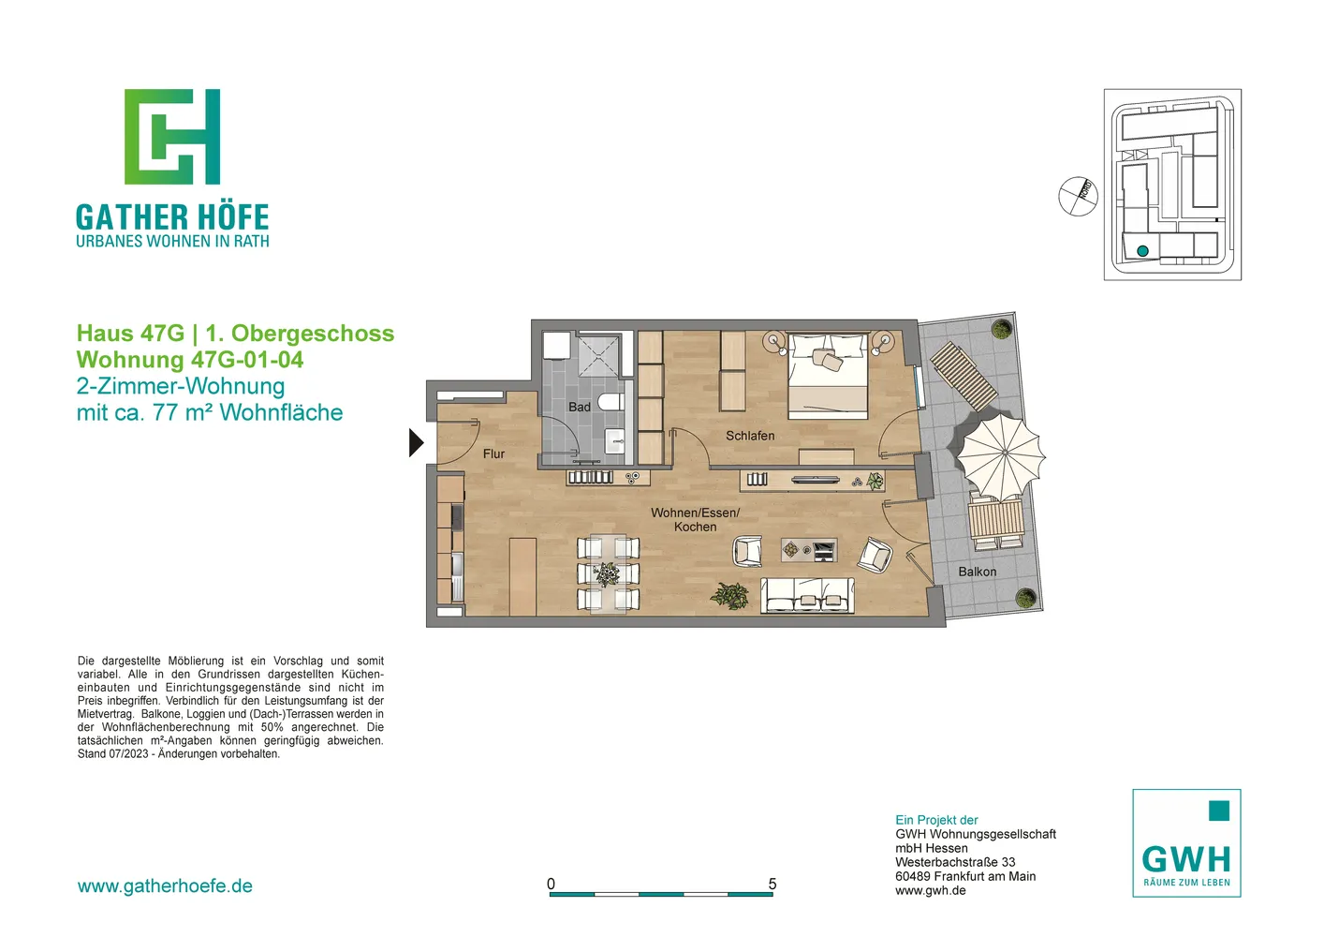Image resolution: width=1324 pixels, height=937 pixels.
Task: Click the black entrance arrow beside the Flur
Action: [416, 443]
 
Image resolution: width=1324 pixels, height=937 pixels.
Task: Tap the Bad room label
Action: [580, 407]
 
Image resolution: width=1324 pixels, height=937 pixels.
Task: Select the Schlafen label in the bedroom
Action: [750, 436]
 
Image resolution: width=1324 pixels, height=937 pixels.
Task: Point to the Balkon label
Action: [977, 572]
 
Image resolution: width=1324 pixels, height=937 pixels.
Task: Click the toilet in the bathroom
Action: [610, 402]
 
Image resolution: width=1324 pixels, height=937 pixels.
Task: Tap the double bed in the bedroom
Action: [828, 376]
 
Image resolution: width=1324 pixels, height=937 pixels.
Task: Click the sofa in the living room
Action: [807, 595]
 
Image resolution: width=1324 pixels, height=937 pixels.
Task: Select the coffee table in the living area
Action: [809, 550]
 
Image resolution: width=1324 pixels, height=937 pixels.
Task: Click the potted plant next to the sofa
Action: [730, 595]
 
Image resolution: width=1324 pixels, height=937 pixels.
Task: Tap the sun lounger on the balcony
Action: [964, 377]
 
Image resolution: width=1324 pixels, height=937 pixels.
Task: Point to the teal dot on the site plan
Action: [1142, 251]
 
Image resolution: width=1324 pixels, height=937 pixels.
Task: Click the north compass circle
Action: [1078, 197]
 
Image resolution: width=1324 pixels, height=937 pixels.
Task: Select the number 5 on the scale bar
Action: [772, 884]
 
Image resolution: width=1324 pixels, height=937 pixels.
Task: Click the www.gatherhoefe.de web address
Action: [165, 886]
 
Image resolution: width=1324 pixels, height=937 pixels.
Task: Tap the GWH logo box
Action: [1186, 843]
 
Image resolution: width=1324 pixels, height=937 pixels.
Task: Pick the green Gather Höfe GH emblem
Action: [172, 137]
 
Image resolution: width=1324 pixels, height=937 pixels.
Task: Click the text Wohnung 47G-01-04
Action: [190, 360]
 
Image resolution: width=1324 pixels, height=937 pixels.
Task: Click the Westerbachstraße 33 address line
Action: [955, 862]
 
